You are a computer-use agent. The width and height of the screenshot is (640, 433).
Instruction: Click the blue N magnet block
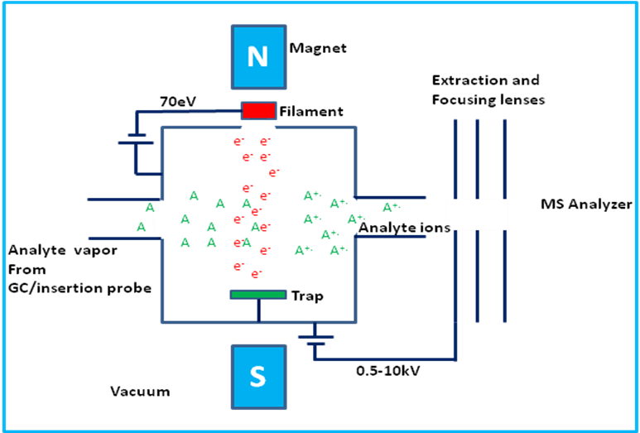(258, 56)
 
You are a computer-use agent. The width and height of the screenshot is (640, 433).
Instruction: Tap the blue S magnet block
(258, 377)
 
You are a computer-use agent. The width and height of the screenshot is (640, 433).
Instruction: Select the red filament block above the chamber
(258, 111)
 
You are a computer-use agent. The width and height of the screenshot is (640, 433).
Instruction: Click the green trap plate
(258, 295)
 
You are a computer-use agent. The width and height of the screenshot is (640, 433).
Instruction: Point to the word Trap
(307, 296)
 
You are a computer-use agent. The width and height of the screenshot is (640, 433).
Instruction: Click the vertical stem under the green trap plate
(258, 310)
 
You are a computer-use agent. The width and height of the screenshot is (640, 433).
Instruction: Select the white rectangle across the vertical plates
(476, 214)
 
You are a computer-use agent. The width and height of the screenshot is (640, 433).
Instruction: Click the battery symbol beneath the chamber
(315, 340)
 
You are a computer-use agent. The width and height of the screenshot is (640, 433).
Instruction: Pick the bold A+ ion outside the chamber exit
(391, 207)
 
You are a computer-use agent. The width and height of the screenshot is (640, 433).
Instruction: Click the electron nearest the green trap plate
(257, 273)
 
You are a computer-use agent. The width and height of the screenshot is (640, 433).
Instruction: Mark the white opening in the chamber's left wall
(162, 219)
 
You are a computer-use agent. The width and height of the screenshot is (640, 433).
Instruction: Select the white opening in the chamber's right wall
(354, 217)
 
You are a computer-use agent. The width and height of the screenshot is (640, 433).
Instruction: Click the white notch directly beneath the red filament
(258, 126)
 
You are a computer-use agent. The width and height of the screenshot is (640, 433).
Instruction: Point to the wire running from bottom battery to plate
(385, 359)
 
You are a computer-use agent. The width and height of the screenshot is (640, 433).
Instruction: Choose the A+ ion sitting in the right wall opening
(355, 219)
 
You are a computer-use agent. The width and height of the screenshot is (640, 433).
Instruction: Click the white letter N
(258, 56)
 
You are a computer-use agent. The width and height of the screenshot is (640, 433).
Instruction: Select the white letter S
(258, 377)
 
